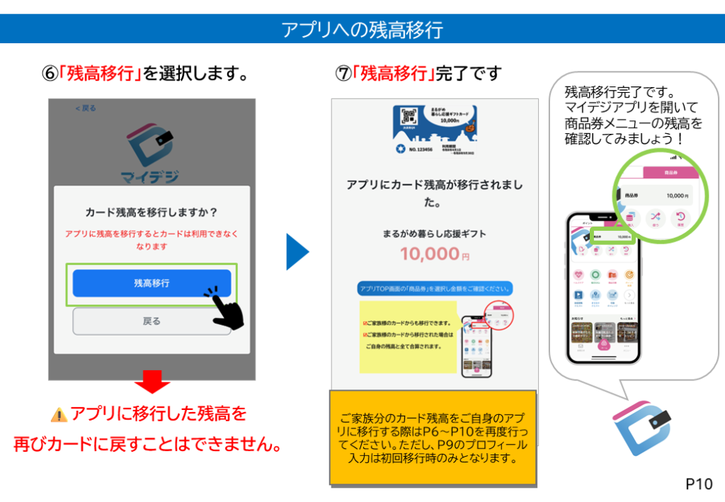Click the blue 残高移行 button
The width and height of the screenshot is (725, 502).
(x=152, y=283)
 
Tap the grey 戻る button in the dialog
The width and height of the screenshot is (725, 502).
(x=152, y=321)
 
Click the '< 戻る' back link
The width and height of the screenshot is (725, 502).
(x=86, y=108)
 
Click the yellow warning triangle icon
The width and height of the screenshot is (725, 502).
(x=59, y=414)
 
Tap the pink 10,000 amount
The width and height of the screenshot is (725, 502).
(x=429, y=253)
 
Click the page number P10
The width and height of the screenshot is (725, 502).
(x=699, y=484)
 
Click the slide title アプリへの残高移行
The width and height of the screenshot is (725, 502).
(x=362, y=30)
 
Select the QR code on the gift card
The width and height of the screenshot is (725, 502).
(x=408, y=118)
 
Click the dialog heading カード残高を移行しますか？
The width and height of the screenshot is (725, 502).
(x=152, y=212)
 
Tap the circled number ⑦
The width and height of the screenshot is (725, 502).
(x=343, y=74)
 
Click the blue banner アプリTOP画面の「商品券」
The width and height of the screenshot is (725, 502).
(x=435, y=289)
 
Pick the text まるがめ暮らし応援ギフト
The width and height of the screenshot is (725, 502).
(x=435, y=232)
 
